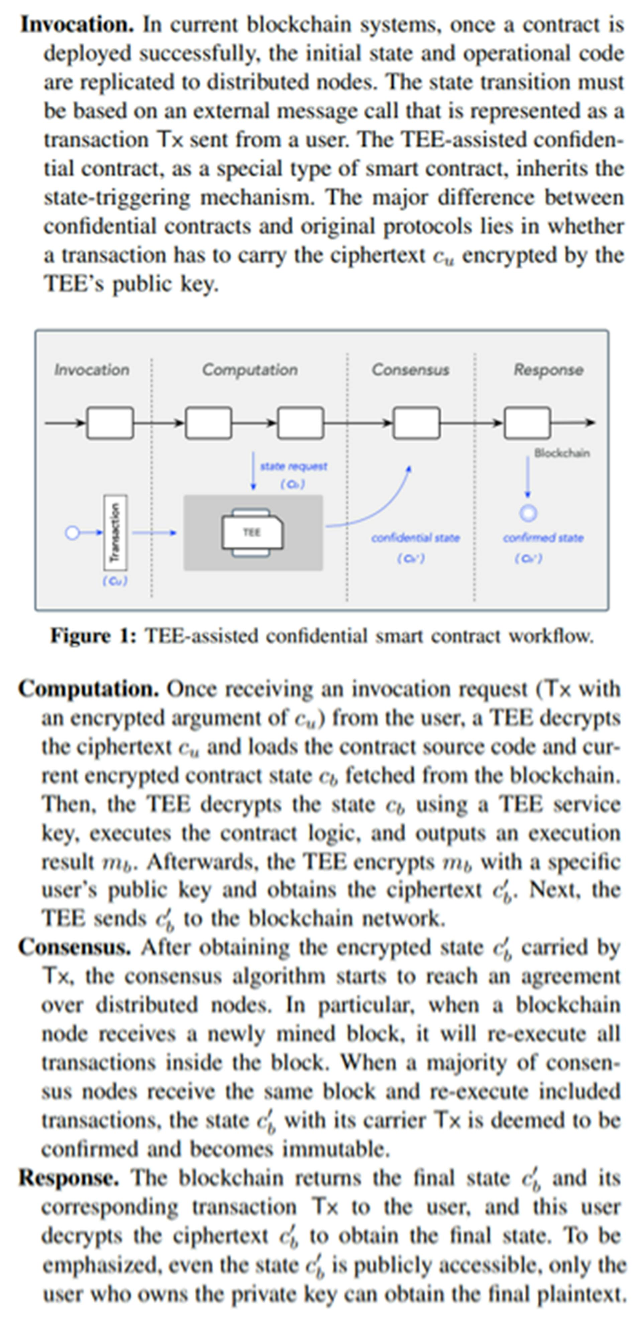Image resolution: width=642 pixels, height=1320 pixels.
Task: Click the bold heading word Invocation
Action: coord(77,25)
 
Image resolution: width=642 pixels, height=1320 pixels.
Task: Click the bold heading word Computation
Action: coord(89,689)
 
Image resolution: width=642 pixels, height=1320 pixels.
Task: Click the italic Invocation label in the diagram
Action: coord(92,370)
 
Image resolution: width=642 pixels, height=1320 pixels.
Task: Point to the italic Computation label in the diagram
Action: coord(250,370)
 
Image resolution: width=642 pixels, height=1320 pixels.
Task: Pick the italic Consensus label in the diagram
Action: coord(410,370)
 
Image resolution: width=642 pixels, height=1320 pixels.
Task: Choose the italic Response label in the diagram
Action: coord(548,370)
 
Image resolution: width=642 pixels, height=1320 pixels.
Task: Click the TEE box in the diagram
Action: coord(252,532)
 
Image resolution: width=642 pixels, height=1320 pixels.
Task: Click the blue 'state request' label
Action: coord(293,466)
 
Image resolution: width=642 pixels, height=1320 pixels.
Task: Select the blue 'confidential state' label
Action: coord(415,538)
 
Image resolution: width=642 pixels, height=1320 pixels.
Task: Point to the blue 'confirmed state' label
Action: coord(543,538)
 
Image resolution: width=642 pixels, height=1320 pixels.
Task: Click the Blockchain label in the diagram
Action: coord(561,453)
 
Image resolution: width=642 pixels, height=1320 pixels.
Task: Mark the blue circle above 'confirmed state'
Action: coord(528,513)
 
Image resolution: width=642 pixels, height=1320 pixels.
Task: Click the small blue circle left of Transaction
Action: coord(72,533)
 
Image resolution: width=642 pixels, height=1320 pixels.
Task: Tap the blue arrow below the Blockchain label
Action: coord(528,477)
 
